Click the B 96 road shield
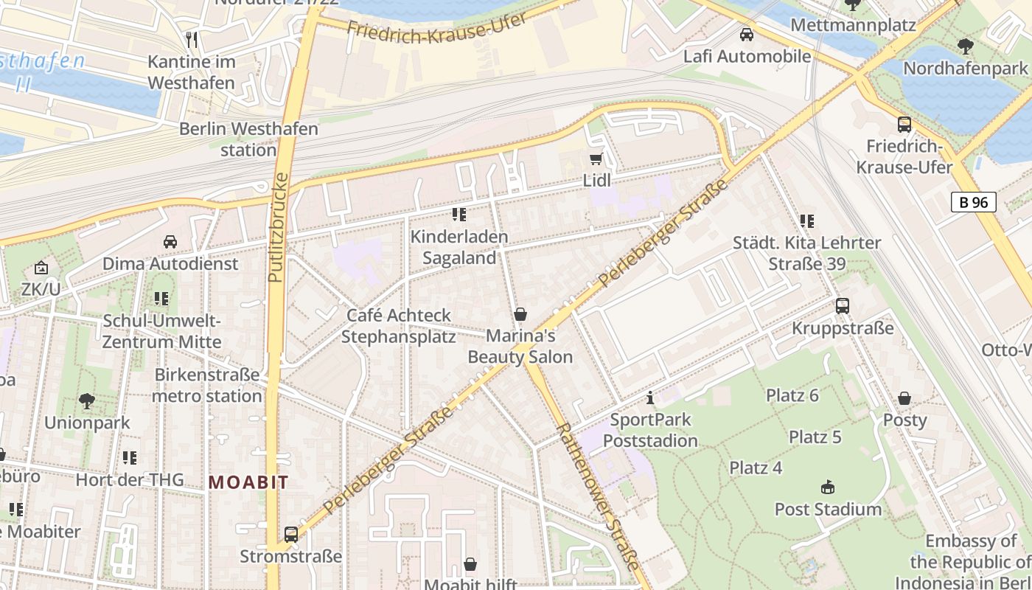pos(973,202)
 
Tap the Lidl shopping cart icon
pos(596,159)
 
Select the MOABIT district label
pos(248,482)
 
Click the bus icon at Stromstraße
pos(291,535)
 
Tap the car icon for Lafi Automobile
pos(747,35)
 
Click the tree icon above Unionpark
pos(87,401)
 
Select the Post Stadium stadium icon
pos(828,487)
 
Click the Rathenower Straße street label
pos(596,495)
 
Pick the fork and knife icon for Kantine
pos(192,39)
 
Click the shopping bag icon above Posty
pos(904,399)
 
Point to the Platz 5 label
pos(815,437)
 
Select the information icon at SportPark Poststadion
pos(649,399)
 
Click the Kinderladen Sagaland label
pos(459,248)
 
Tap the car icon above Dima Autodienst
pos(170,242)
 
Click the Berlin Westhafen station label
pos(248,139)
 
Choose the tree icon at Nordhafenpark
pos(965,46)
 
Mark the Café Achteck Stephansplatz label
pos(399,326)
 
